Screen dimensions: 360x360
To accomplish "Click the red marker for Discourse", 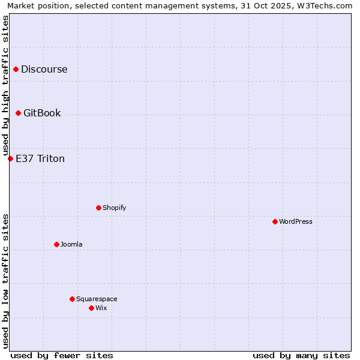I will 16,70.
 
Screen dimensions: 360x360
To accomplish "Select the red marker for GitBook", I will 18,113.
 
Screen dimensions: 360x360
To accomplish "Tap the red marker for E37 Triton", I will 10,159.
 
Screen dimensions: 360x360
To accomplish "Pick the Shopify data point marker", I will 98,208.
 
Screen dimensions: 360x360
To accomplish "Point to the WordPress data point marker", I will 275,222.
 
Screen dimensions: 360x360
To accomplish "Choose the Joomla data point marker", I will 56,245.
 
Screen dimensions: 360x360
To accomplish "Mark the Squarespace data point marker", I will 72,299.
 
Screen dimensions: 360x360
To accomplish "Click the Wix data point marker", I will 91,308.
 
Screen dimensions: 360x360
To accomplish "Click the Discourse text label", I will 44,70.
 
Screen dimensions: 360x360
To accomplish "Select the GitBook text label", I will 42,113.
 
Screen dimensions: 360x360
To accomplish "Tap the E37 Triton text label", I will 40,159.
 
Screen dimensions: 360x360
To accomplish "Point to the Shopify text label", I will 114,208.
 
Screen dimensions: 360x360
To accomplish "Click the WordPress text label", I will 296,222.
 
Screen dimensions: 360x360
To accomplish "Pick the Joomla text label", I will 71,245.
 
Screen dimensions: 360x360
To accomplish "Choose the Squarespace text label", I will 97,299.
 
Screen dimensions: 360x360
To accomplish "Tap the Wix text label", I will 101,308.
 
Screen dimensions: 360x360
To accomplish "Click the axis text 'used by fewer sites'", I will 62,356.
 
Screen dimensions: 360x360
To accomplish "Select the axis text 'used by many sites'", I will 301,356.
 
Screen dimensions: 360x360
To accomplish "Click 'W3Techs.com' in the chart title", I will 326,5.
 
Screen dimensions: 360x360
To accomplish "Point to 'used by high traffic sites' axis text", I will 6,85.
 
